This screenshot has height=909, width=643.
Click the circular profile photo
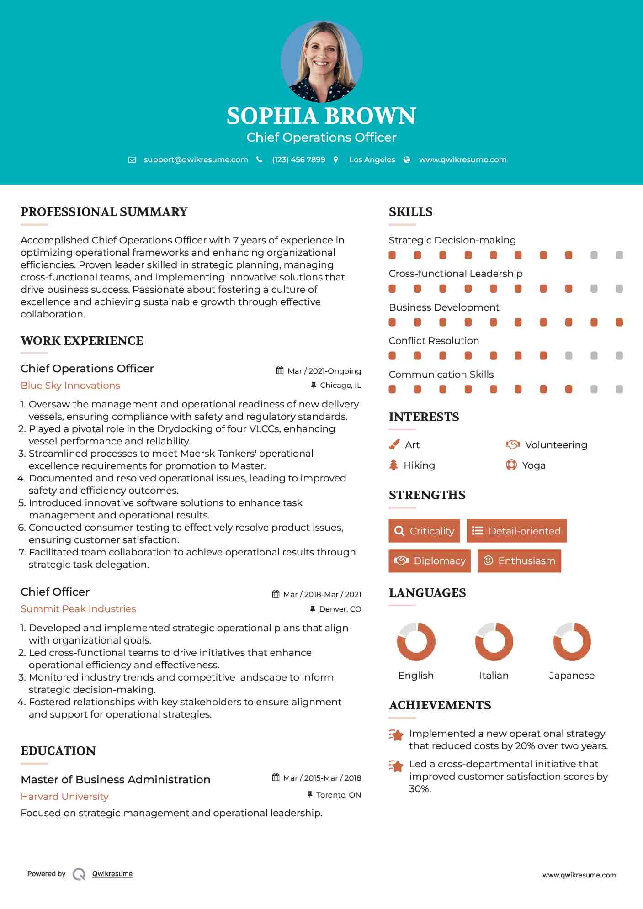[x=321, y=61]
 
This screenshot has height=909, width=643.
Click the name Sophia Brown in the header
[x=321, y=116]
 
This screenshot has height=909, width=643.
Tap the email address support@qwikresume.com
[x=196, y=160]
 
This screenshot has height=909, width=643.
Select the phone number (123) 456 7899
[x=298, y=160]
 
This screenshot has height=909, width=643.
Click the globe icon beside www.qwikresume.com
[x=407, y=160]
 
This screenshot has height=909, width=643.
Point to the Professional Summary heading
[x=104, y=212]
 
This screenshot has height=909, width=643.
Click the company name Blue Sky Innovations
[x=70, y=386]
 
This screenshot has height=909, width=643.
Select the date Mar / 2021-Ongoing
[x=324, y=371]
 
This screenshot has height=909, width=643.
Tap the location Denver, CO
[x=340, y=609]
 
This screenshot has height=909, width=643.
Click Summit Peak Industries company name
[x=78, y=609]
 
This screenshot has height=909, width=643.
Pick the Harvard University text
[x=64, y=797]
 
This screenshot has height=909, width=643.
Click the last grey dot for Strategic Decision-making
[x=619, y=255]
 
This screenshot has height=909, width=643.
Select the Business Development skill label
[x=444, y=307]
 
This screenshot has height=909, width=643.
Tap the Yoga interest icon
[x=511, y=465]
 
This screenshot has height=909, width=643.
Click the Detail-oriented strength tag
[x=516, y=531]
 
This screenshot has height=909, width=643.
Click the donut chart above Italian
[x=494, y=641]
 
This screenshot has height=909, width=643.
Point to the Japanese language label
[x=572, y=676]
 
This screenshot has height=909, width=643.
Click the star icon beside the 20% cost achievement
[x=396, y=735]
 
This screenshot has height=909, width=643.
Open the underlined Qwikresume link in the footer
[x=112, y=874]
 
